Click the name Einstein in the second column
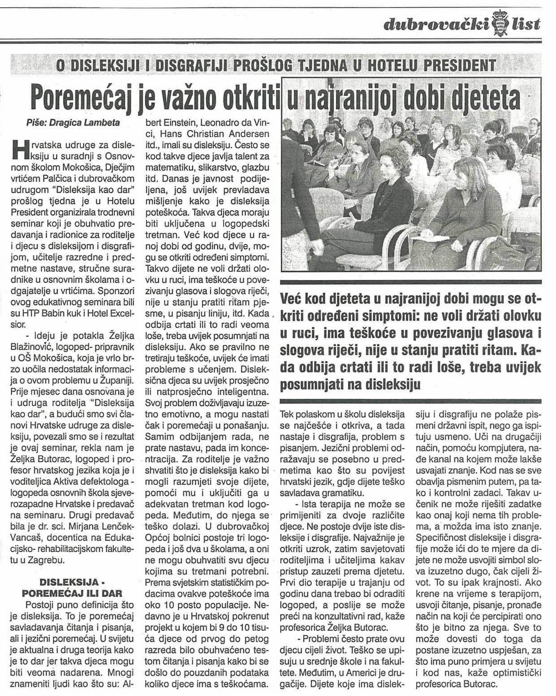tap(176, 123)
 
